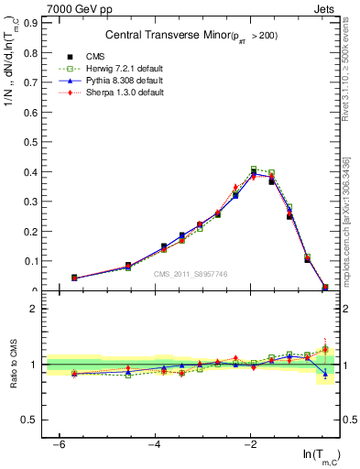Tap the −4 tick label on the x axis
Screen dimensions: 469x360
(x=155, y=444)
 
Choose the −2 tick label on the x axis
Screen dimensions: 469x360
(x=250, y=444)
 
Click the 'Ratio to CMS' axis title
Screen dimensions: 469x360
(x=14, y=365)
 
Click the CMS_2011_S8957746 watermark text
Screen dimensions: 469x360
(x=191, y=274)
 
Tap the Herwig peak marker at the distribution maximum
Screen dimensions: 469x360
(x=254, y=169)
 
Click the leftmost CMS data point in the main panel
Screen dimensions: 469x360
(x=74, y=278)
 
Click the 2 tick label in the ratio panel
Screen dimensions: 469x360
(x=35, y=309)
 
